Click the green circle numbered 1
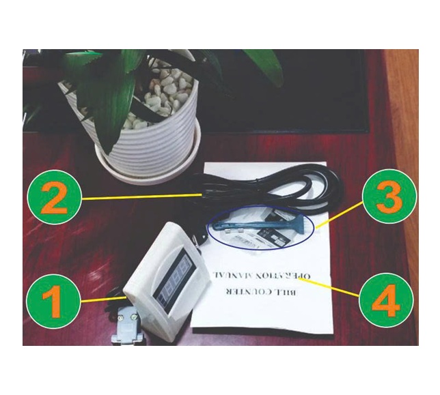pyautogui.click(x=54, y=301)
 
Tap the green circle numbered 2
pyautogui.click(x=55, y=197)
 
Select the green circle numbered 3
pyautogui.click(x=389, y=196)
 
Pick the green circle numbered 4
pyautogui.click(x=386, y=300)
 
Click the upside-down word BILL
pyautogui.click(x=288, y=292)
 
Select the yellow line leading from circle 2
pyautogui.click(x=142, y=196)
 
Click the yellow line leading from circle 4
pyautogui.click(x=329, y=287)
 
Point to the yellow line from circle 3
pyautogui.click(x=339, y=215)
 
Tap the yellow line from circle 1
pyautogui.click(x=103, y=299)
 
